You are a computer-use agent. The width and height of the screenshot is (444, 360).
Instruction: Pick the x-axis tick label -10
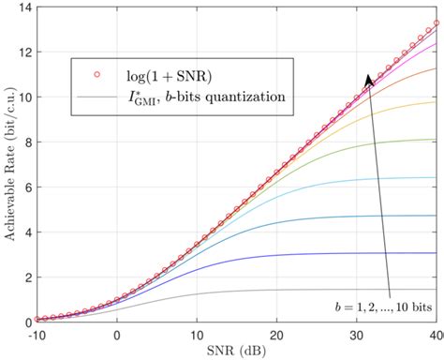[x=36, y=334]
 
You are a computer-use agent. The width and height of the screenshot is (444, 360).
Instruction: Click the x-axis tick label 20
[x=276, y=334]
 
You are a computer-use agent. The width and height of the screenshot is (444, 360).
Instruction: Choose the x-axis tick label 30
[x=357, y=334]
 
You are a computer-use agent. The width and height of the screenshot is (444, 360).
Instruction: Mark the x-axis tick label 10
[x=197, y=334]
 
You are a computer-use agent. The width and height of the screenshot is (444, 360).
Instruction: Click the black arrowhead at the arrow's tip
[x=368, y=81]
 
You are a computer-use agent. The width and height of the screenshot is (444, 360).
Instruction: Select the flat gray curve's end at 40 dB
[x=436, y=290]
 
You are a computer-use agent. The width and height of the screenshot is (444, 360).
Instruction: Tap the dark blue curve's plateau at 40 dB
[x=436, y=253]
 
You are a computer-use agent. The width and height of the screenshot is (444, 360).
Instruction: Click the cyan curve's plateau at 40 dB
[x=436, y=177]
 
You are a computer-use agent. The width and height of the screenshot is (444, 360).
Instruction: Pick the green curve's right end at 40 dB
[x=436, y=140]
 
